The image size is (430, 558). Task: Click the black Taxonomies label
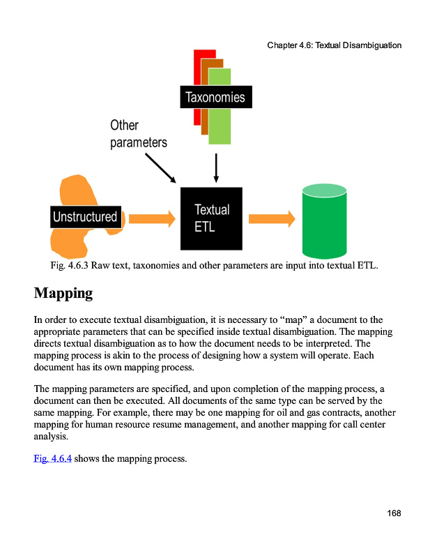coord(215,97)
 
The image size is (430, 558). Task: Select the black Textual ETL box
coord(211,218)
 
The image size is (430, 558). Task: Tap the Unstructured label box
coord(85,217)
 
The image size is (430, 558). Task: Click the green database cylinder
coord(324,221)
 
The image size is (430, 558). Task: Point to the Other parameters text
coord(138,133)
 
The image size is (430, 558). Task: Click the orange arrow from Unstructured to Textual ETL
coord(151,219)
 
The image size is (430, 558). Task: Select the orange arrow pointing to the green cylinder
coord(272,219)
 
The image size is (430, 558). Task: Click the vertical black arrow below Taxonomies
coord(216,167)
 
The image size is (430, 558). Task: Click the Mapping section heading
coord(63,292)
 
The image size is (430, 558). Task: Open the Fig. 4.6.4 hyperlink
coord(52,458)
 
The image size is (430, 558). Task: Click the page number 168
coord(394,513)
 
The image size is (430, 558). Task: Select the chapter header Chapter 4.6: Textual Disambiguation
coord(334,45)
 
